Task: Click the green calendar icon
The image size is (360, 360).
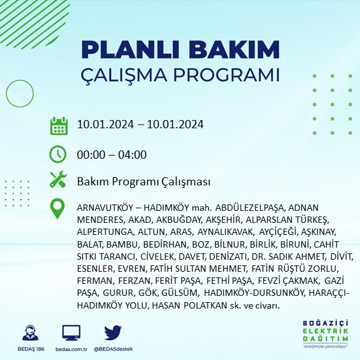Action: tap(58, 125)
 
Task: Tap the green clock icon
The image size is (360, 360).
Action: tap(58, 154)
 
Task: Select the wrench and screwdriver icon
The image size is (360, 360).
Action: tap(58, 180)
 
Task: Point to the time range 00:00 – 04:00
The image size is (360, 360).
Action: tap(112, 154)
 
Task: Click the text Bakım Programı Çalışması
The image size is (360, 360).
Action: tap(143, 182)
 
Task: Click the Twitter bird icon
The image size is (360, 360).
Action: tap(112, 333)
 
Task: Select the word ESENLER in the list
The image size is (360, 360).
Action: tap(93, 268)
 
